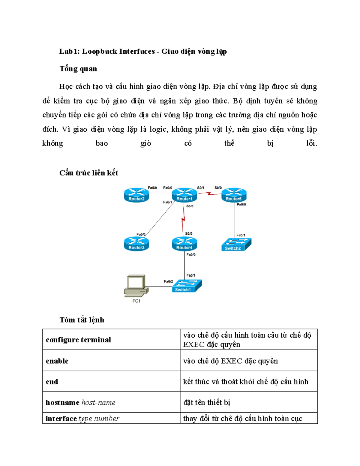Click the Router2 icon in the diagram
(x=136, y=195)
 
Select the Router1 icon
(x=184, y=195)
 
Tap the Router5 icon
(x=234, y=195)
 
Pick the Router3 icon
(x=136, y=244)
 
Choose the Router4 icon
(x=184, y=244)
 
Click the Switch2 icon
(x=236, y=245)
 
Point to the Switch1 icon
(x=187, y=286)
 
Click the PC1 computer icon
(x=136, y=286)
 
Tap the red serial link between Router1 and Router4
(x=183, y=220)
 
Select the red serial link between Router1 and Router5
(x=209, y=194)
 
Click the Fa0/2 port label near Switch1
(x=168, y=281)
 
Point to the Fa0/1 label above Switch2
(x=241, y=235)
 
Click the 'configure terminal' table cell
(x=111, y=339)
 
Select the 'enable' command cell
(x=111, y=361)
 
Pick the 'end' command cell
(x=111, y=381)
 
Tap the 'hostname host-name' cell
(x=111, y=402)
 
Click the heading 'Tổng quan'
(x=78, y=69)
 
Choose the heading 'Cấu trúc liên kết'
(x=88, y=173)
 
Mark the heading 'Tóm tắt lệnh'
(x=82, y=320)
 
